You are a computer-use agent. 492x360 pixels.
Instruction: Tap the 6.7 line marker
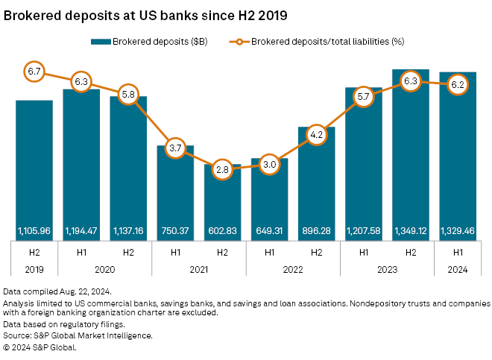click(x=34, y=72)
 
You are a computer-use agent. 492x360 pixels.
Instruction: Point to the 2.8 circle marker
click(x=223, y=171)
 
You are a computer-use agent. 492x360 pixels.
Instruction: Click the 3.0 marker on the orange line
click(x=270, y=164)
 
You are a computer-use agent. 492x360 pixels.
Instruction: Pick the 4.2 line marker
click(x=316, y=136)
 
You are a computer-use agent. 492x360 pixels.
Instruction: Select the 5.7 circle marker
click(x=363, y=96)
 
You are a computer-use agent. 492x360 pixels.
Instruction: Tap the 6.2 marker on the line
click(x=458, y=85)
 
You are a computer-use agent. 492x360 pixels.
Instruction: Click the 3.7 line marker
click(x=176, y=148)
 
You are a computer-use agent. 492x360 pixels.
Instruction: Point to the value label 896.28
click(x=316, y=231)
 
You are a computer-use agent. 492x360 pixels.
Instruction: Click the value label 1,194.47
click(x=81, y=231)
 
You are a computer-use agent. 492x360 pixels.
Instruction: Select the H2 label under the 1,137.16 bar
click(x=128, y=252)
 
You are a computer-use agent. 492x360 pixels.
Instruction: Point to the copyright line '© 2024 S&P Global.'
click(x=40, y=347)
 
